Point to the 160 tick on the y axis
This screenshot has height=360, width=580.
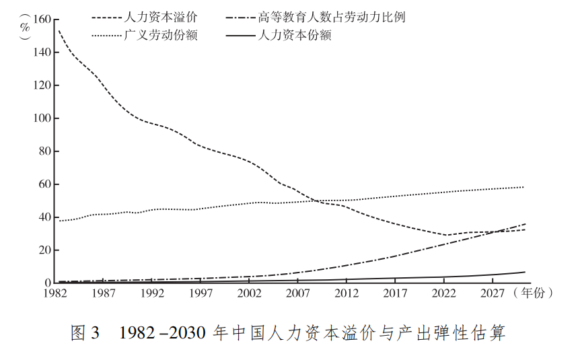pyautogui.click(x=42, y=20)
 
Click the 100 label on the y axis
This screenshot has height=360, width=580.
pyautogui.click(x=42, y=118)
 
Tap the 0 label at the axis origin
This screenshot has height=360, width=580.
pyautogui.click(x=48, y=283)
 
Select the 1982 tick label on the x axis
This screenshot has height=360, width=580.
pyautogui.click(x=55, y=293)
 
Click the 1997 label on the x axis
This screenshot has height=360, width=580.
pyautogui.click(x=201, y=293)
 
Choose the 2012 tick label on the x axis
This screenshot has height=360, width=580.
pyautogui.click(x=347, y=293)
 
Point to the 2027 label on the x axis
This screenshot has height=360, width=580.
pyautogui.click(x=493, y=293)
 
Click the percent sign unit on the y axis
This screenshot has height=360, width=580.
pyautogui.click(x=25, y=27)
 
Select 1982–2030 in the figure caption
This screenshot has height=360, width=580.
pyautogui.click(x=162, y=332)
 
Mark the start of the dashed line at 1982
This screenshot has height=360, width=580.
pyautogui.click(x=59, y=31)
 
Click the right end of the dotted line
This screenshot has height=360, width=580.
pyautogui.click(x=523, y=187)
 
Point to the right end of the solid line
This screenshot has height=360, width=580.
pyautogui.click(x=525, y=272)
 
